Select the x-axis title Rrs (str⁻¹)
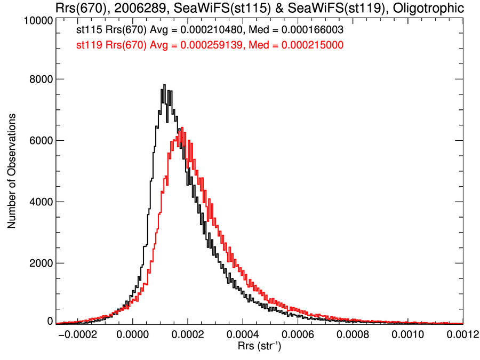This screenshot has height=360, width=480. [260, 347]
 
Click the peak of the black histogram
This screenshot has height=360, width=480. [165, 85]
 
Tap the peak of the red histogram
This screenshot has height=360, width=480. [182, 127]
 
